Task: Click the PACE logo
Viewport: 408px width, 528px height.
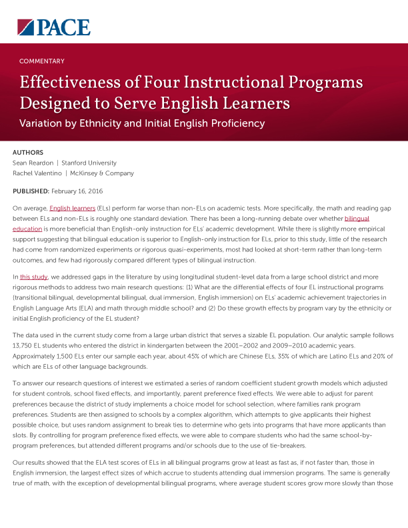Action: [53, 27]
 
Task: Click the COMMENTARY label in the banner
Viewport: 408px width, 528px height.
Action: [41, 61]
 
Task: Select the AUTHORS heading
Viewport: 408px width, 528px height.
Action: [28, 153]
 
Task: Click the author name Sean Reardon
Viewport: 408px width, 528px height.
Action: [33, 163]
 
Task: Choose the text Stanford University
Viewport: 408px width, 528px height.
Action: [89, 163]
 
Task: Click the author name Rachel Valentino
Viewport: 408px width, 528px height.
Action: [37, 173]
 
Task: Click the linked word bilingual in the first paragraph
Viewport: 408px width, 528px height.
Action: [357, 219]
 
